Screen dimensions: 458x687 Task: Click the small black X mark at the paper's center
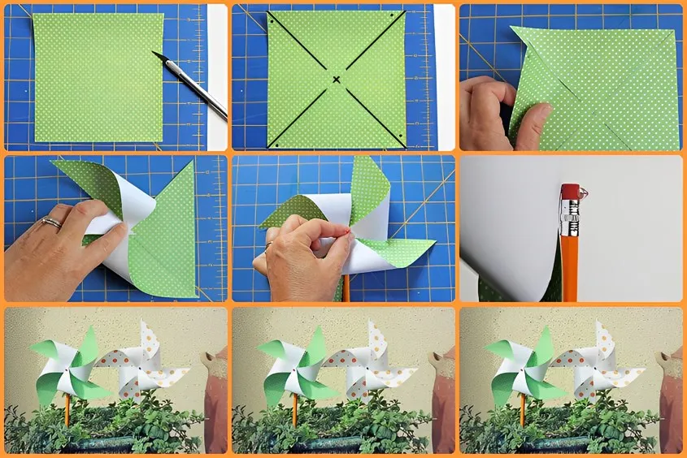(336, 79)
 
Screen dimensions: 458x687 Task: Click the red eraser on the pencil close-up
(568, 192)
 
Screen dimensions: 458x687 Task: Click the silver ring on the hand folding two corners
(51, 222)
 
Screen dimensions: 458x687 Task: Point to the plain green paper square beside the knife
(98, 77)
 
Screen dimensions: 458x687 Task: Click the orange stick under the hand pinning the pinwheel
(345, 287)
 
